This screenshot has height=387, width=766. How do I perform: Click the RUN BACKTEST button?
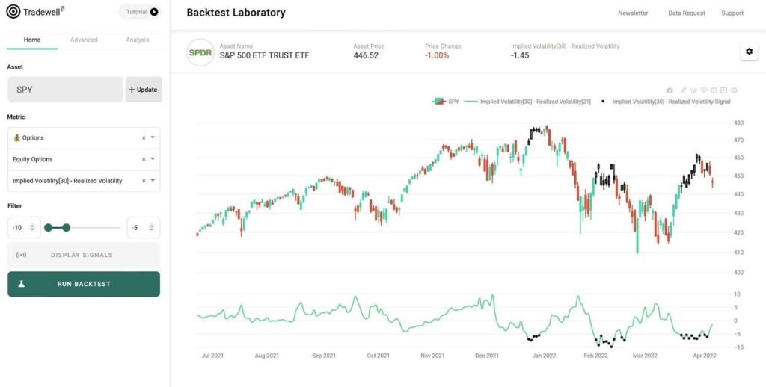point(84,284)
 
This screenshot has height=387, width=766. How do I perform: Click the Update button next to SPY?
point(143,90)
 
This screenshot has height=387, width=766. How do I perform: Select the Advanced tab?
point(84,40)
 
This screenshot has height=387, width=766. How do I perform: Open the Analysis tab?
point(137,40)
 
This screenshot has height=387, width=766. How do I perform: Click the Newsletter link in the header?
point(633,13)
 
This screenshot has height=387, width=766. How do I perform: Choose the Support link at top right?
point(732,13)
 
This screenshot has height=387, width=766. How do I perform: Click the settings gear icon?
point(749,52)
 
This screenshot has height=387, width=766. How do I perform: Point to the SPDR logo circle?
point(200,52)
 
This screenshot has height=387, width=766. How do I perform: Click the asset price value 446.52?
point(366,55)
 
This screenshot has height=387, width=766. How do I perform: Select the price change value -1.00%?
point(437,55)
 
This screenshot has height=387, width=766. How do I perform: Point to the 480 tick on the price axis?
point(738,123)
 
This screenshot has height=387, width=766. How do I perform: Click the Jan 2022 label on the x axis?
point(543,356)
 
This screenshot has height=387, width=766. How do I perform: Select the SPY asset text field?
point(65,90)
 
